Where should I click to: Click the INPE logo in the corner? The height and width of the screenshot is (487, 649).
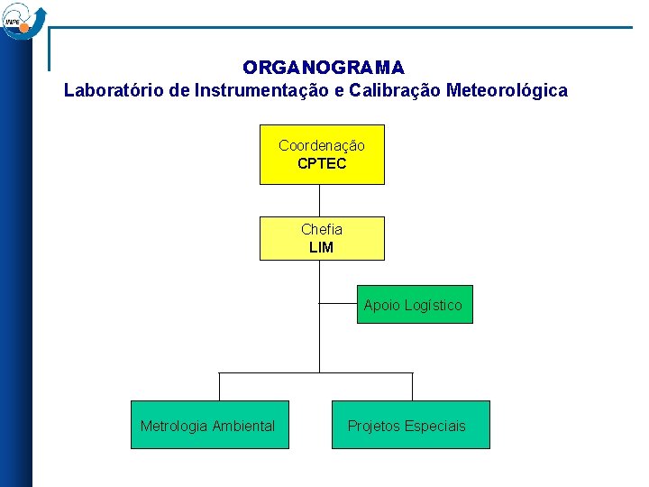coord(22,20)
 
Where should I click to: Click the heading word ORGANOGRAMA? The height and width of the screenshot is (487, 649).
coord(323,69)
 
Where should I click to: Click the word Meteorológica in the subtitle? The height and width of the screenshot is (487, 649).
coord(507,91)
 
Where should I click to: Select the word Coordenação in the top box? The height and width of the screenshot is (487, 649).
coord(322,145)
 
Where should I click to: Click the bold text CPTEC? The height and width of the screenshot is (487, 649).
coord(322,164)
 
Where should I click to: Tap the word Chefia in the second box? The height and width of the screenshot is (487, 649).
coord(322,229)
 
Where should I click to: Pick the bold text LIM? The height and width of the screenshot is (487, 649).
coord(322,247)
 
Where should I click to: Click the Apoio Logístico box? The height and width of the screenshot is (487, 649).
coord(414,305)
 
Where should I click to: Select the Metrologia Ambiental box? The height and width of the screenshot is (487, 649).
coord(209,425)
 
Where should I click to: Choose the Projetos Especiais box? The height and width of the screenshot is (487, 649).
coord(410,425)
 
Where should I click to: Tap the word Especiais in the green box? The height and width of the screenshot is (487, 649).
coord(435,426)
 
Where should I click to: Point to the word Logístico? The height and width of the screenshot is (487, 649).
coord(434,305)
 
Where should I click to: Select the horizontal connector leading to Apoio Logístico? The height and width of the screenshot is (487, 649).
coord(338,304)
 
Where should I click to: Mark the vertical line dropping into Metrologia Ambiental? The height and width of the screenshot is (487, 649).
coord(219,386)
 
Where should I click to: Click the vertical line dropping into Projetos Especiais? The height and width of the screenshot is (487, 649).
coord(412,386)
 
